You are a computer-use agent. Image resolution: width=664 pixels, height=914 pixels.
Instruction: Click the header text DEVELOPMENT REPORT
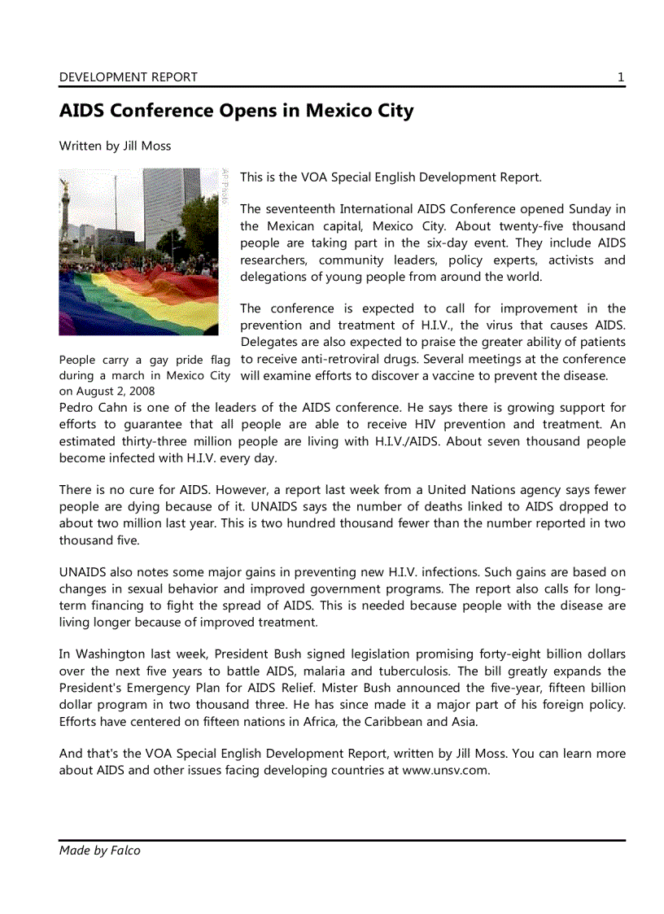[x=128, y=77]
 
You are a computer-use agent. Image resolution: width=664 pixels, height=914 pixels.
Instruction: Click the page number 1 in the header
[x=620, y=77]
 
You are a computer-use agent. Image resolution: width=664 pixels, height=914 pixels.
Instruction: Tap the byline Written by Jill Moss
[x=115, y=146]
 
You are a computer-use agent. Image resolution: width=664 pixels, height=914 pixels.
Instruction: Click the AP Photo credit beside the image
[x=225, y=186]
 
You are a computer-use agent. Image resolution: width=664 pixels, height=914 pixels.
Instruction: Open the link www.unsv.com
[x=445, y=770]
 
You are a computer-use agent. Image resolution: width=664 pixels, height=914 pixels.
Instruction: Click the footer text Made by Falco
[x=99, y=851]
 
